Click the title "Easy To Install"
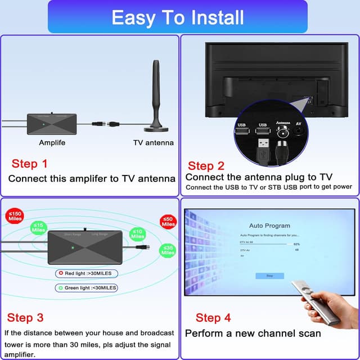pyautogui.click(x=178, y=17)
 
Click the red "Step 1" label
pyautogui.click(x=29, y=164)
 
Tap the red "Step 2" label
pyautogui.click(x=206, y=165)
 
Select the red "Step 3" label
pyautogui.click(x=25, y=318)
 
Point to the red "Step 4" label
pyautogui.click(x=213, y=318)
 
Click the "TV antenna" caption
pyautogui.click(x=153, y=143)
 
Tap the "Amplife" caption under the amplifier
pyautogui.click(x=52, y=143)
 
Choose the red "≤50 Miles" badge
pyautogui.click(x=168, y=221)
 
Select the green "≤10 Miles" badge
pyautogui.click(x=137, y=234)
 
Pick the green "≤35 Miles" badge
pyautogui.click(x=168, y=250)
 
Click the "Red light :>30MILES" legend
pyautogui.click(x=85, y=273)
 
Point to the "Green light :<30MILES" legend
pyautogui.click(x=86, y=287)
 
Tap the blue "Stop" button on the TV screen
pyautogui.click(x=269, y=276)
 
